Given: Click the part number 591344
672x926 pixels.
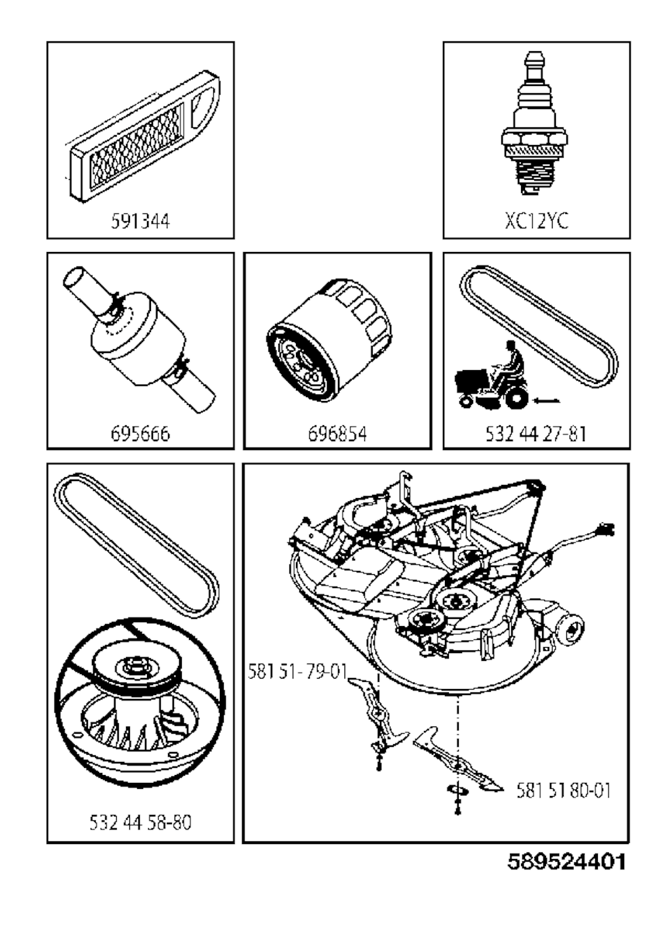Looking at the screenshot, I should pos(140,221).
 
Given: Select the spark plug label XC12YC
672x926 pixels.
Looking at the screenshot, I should pos(536,221).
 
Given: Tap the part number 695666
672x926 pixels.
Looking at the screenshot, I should pos(140,433).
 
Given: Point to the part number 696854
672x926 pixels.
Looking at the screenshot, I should pos(337,433).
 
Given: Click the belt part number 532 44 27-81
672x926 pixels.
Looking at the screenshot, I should pos(536,433).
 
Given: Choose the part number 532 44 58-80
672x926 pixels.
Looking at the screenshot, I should pos(140,822).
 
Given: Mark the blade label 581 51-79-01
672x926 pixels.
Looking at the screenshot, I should pos(297,672).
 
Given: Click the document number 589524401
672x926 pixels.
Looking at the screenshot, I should pos(566,860).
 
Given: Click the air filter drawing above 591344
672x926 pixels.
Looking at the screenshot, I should pos(144,131).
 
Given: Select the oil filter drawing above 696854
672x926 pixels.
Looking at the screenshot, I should pos(330,341).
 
